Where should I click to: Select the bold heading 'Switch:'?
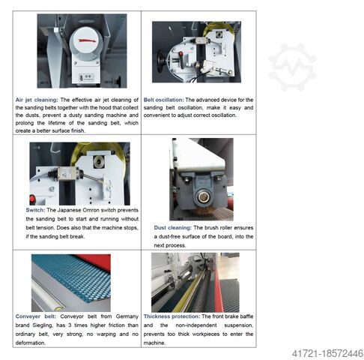[25, 211]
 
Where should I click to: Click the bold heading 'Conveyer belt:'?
[34, 316]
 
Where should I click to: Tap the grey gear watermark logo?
[292, 67]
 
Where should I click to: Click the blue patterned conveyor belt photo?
[70, 281]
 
